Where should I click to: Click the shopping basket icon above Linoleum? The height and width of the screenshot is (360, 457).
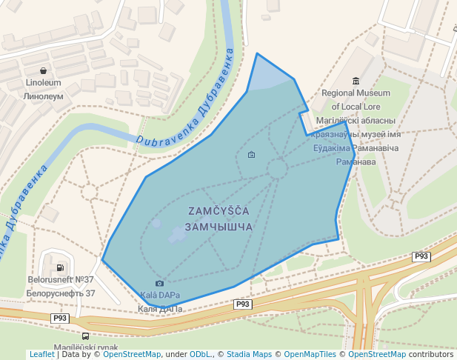point(43,70)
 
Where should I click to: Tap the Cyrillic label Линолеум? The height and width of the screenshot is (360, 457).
point(43,96)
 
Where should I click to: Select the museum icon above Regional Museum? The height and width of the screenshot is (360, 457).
point(356,81)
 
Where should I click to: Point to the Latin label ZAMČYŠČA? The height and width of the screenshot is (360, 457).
point(219,211)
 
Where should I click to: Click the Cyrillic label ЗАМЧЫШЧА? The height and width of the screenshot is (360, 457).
point(219,227)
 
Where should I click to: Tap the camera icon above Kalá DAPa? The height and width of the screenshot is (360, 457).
point(159,283)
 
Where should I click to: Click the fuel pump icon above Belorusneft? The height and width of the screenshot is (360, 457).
point(59,267)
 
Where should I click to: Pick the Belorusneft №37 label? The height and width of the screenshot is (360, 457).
point(61,280)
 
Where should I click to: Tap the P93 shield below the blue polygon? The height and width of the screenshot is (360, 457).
point(243,304)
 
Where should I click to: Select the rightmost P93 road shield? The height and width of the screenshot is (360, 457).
point(421,256)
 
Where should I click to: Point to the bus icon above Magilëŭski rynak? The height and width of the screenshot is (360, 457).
point(85,336)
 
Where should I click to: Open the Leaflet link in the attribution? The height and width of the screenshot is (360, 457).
point(41,354)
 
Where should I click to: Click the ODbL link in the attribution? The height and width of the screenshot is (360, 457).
point(201,354)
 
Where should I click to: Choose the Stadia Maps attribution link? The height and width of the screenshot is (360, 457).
point(249,354)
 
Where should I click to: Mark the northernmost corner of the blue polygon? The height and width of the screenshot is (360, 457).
point(257,53)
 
